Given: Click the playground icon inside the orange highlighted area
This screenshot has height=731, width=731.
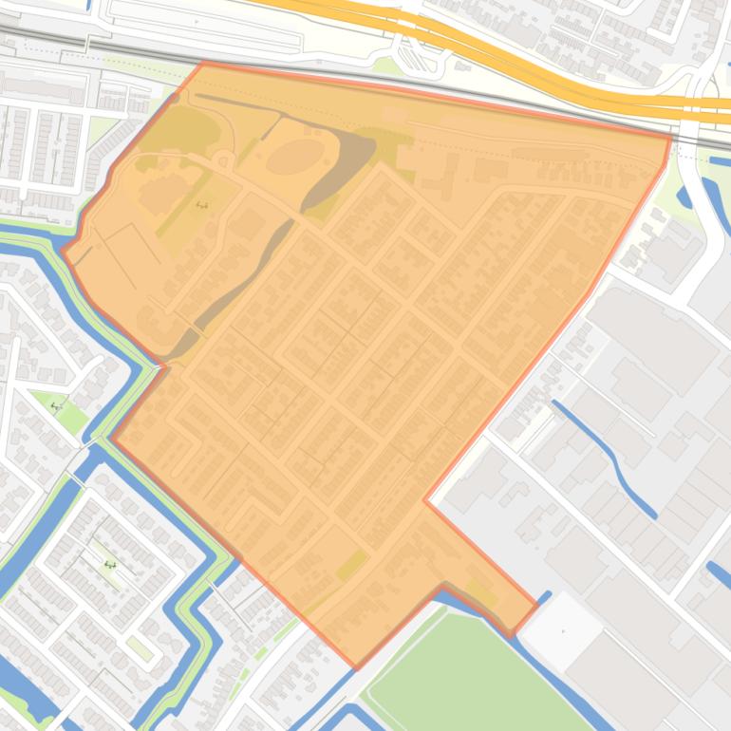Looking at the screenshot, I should pos(201,204).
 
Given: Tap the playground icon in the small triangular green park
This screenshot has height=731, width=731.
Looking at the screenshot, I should pos(56,406).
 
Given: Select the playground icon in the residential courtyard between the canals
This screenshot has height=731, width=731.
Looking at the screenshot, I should pos(110,565).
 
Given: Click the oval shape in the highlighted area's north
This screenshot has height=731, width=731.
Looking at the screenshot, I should pos(294,156).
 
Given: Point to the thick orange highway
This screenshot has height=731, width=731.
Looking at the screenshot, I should pos(532,71).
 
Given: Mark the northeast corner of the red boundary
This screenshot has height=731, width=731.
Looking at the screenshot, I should pos(671,137).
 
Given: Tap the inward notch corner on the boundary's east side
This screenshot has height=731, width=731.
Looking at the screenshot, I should pos(425,499).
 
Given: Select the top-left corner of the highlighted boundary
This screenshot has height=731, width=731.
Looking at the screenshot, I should pos(203,63).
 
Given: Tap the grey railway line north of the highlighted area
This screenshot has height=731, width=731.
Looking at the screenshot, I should pos(380,76).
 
